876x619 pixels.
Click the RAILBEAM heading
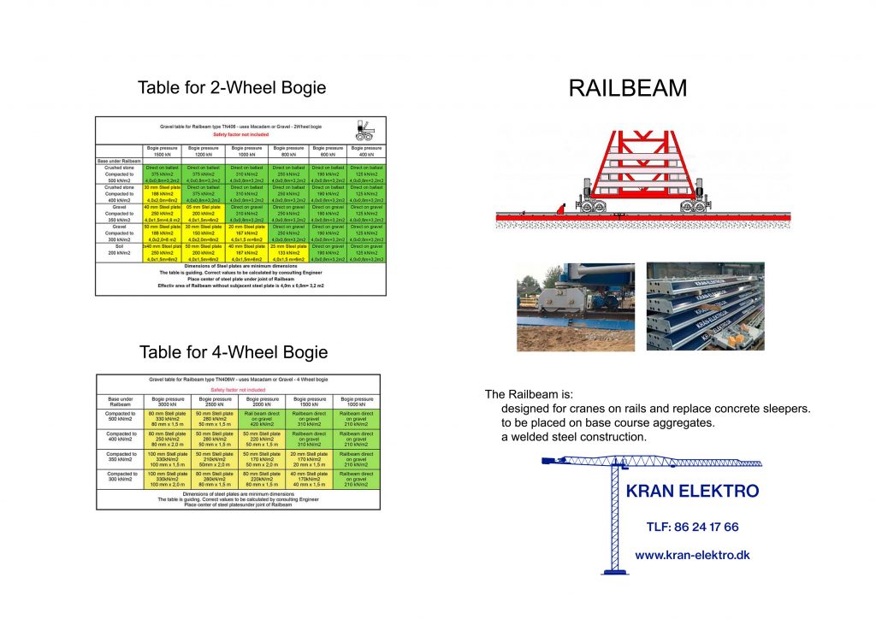628,88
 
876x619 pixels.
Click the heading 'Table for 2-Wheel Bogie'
232,88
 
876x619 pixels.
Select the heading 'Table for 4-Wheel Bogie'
233,352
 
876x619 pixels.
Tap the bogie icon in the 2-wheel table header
364,130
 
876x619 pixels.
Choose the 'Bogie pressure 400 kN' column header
365,151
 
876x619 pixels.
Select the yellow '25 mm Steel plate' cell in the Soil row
290,252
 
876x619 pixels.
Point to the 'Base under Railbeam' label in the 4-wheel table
120,402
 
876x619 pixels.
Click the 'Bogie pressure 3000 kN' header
168,402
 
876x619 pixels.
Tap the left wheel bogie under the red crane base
591,205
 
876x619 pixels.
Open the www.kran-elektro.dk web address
692,555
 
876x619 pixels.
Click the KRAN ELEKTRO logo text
692,491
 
